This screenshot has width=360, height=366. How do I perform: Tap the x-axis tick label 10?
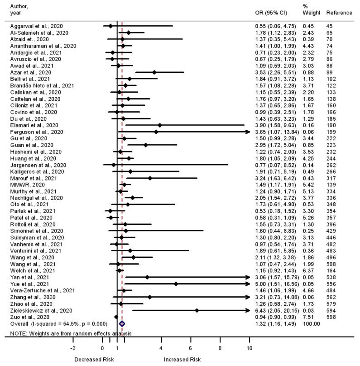(249, 348)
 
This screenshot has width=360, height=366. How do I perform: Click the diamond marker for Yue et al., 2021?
(176, 284)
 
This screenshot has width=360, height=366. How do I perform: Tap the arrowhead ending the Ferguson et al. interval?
(248, 132)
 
